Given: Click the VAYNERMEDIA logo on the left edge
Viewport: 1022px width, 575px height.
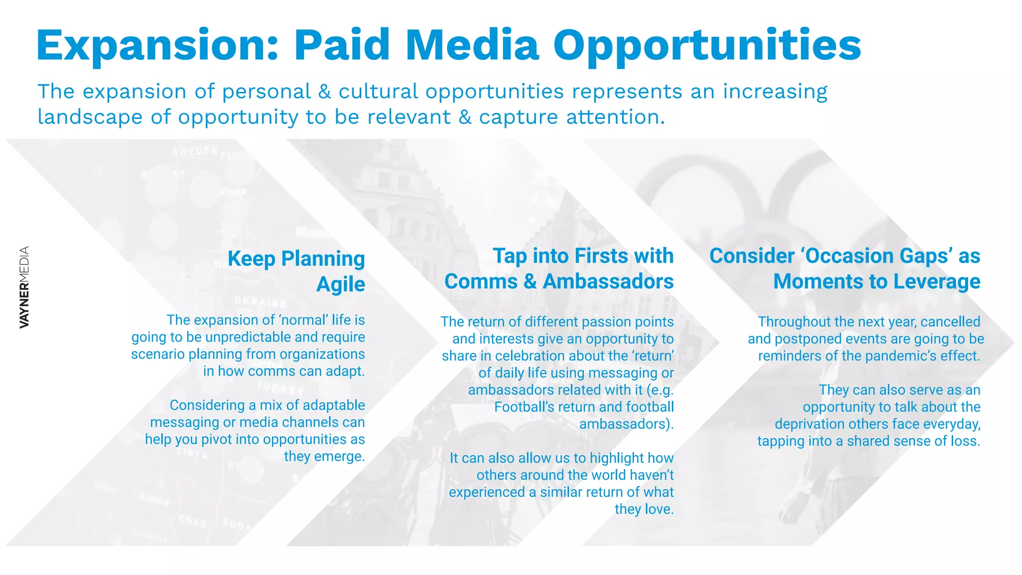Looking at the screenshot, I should [x=24, y=287].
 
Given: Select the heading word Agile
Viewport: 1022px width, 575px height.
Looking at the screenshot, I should [x=341, y=285].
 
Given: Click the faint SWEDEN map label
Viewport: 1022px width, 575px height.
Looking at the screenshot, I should [x=195, y=151].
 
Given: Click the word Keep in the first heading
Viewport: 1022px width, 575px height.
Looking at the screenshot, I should [x=252, y=259].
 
